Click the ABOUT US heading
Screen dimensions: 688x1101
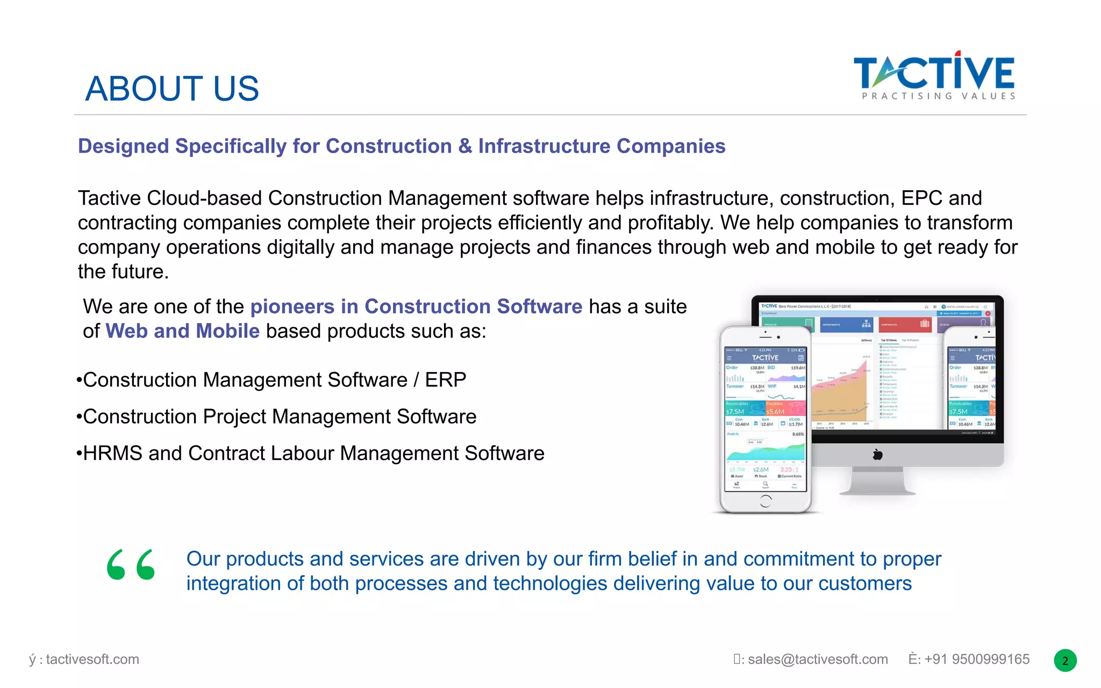172,89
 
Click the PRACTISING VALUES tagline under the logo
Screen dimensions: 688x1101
939,96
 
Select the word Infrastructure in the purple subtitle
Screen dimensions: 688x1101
544,146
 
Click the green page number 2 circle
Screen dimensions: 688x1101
1065,661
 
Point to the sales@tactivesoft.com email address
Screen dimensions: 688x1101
817,660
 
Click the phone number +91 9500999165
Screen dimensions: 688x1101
976,660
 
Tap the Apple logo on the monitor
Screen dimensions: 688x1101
877,455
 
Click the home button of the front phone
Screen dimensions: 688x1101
766,501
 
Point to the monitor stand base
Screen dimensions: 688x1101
877,490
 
